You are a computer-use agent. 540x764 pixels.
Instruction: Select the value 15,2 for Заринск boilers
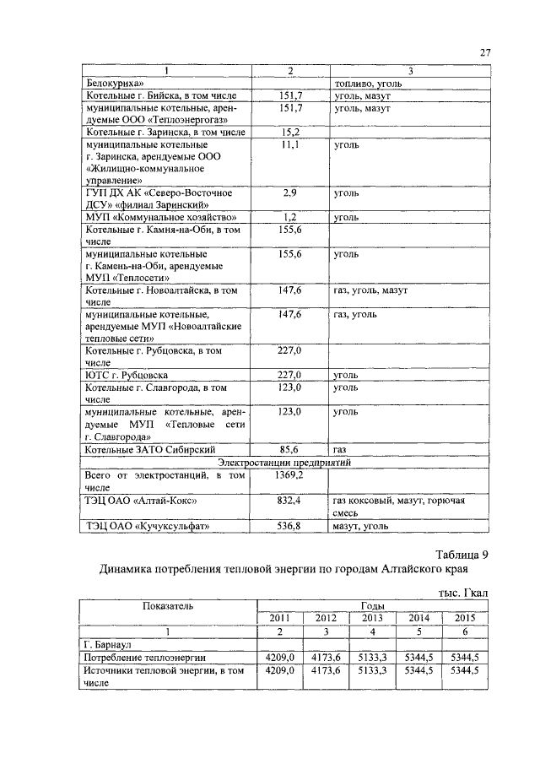click(x=290, y=133)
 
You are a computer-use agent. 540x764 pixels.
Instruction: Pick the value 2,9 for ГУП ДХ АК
click(x=290, y=192)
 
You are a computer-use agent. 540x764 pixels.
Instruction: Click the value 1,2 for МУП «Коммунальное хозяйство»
click(x=290, y=217)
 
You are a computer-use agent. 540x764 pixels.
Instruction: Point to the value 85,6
click(x=290, y=450)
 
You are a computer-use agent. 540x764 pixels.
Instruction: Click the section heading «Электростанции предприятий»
click(x=284, y=463)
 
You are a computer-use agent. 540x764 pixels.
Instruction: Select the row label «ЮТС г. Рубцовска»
click(x=127, y=375)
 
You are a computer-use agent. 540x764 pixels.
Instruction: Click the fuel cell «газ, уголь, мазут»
click(x=370, y=290)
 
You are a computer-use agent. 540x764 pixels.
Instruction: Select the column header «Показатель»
click(x=168, y=605)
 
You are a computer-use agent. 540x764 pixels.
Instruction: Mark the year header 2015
click(x=465, y=618)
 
